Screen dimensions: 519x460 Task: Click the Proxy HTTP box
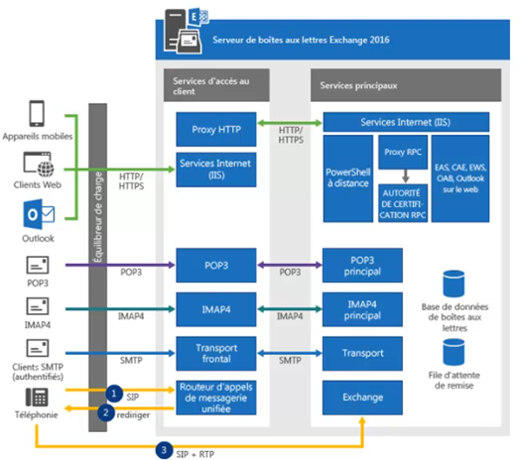point(216,129)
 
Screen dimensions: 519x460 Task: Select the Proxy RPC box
point(403,152)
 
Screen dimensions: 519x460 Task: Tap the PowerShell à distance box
point(348,178)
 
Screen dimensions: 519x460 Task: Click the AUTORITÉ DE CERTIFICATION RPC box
point(403,203)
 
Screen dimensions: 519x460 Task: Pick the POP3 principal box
point(362,266)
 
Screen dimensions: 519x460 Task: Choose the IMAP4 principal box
point(362,309)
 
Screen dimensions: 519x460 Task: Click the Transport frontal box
point(216,354)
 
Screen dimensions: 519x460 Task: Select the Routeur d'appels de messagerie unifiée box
point(216,398)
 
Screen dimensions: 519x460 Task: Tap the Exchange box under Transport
point(362,398)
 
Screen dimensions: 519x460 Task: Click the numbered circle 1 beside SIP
point(114,394)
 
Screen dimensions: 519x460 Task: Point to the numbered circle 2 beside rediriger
point(106,412)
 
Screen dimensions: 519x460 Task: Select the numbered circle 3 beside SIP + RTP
point(164,450)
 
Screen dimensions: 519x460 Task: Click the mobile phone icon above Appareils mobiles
point(37,113)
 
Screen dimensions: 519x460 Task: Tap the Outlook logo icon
point(39,214)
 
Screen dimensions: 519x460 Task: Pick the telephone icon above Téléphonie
point(37,398)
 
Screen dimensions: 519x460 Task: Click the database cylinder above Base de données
point(454,284)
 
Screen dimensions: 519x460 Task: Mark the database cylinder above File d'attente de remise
point(454,352)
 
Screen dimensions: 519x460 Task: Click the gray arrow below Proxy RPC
point(406,175)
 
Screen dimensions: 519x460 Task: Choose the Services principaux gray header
point(406,85)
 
